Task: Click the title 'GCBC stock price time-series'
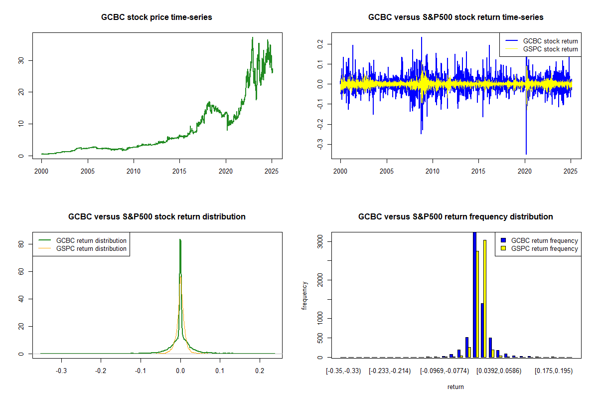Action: click(156, 17)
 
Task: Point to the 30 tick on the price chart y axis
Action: click(21, 60)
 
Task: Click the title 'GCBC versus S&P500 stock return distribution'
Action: click(156, 217)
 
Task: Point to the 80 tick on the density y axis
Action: click(21, 244)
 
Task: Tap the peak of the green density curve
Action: click(180, 240)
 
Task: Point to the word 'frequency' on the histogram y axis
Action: click(304, 295)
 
